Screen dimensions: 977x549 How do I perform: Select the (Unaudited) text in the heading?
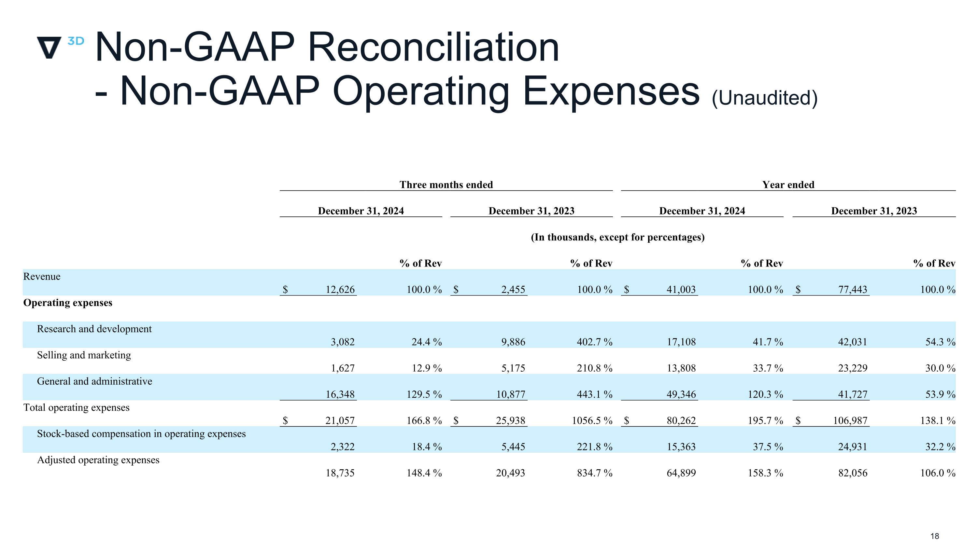click(x=765, y=98)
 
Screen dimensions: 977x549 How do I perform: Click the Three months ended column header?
click(x=446, y=185)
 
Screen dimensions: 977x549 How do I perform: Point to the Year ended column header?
click(x=788, y=185)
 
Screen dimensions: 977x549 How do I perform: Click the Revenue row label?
click(x=42, y=277)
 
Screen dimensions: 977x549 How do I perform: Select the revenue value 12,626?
click(x=340, y=289)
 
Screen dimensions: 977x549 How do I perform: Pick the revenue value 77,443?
click(x=853, y=289)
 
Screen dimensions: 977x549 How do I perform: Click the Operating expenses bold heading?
click(x=68, y=303)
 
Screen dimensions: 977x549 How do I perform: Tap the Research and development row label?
click(x=94, y=329)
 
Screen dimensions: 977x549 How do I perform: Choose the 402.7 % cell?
click(x=594, y=342)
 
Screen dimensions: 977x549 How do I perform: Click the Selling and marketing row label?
click(x=84, y=355)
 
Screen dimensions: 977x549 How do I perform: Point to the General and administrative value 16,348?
click(x=340, y=394)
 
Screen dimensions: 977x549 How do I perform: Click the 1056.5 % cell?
click(x=592, y=420)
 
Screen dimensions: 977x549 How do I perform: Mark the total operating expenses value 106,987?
click(x=850, y=420)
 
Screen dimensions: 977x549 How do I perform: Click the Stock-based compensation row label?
click(x=141, y=434)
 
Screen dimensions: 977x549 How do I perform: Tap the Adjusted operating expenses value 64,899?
click(x=681, y=473)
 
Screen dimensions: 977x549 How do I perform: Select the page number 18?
click(x=935, y=536)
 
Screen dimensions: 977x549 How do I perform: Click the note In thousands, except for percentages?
click(x=617, y=237)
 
